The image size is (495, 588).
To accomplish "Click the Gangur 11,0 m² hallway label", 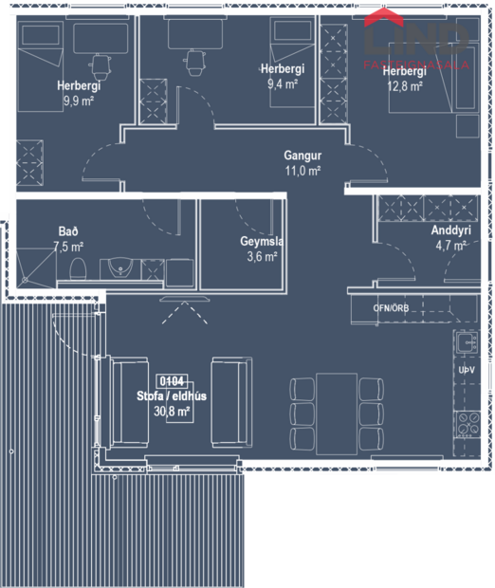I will point(302,162).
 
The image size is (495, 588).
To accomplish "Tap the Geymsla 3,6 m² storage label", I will point(258,248).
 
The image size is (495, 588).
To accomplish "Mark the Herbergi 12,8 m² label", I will point(405,80).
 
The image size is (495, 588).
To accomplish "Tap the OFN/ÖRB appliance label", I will point(392,308).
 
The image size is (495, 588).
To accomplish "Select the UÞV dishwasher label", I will point(466,369).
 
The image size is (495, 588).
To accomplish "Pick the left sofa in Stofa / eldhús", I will point(127,400).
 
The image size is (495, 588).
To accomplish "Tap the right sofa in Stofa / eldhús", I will point(230,400).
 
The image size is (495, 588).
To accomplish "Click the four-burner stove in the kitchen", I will point(466,424).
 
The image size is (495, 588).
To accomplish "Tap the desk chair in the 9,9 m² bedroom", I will point(100,64).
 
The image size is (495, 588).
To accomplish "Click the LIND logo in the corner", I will point(417,38).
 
